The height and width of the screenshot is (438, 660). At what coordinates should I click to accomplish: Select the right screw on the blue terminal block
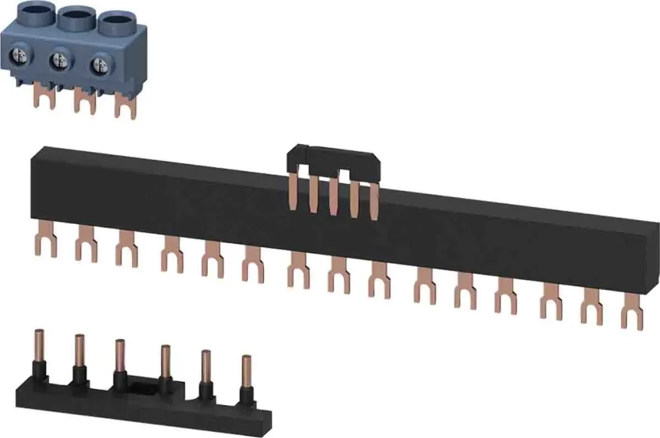click(x=100, y=65)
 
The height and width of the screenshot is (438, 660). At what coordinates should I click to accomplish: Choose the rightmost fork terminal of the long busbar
click(x=632, y=316)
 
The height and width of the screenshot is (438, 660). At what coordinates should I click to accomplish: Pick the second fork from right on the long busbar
click(x=591, y=310)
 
